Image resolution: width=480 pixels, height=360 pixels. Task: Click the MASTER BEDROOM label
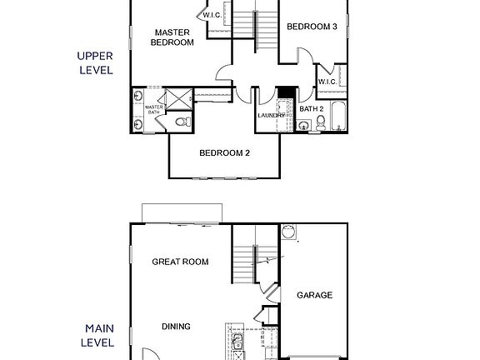pos(172,37)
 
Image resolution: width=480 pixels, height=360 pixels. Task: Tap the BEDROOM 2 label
pos(224,152)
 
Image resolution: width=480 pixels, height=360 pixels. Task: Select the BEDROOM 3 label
pos(312,27)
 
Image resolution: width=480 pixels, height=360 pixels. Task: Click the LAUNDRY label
pos(272,115)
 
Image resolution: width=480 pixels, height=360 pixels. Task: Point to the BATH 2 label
pos(311,108)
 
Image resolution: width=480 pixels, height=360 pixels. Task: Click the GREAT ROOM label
pos(179,262)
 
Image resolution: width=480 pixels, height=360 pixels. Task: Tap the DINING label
pos(176,327)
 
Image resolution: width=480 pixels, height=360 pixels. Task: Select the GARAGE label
pos(315,295)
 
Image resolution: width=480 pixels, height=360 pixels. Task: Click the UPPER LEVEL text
pos(94,62)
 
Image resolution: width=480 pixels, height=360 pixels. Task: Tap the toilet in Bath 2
pos(321,125)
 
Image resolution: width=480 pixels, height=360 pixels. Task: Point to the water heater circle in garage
pos(289,231)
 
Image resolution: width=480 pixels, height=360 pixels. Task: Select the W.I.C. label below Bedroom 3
pos(327,82)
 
